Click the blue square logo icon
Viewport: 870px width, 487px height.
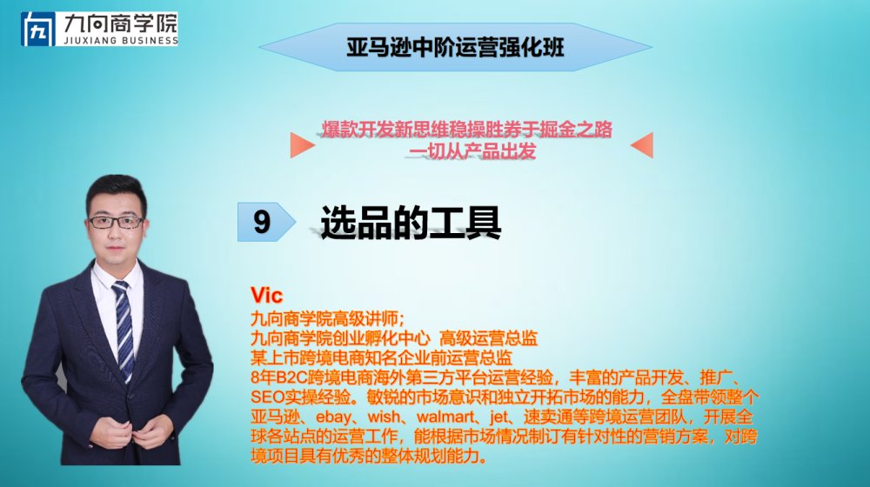[x=38, y=29]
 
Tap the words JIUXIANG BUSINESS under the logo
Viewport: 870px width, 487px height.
[x=120, y=41]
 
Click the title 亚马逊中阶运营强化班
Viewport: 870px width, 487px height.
[x=456, y=47]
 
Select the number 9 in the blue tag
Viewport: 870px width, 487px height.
[x=262, y=222]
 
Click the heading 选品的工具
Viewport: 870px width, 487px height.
[x=411, y=223]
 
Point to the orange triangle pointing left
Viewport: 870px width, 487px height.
[x=642, y=145]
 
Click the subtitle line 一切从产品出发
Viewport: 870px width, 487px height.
[x=472, y=150]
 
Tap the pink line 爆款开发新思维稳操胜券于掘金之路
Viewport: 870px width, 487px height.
[x=467, y=130]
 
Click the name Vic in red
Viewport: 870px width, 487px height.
[x=266, y=295]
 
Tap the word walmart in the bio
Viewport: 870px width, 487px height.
[x=445, y=417]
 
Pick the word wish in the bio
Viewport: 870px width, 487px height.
[x=384, y=417]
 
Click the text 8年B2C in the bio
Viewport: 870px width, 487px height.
[x=275, y=377]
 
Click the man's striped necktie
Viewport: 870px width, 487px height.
[x=124, y=327]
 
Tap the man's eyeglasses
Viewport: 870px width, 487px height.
[x=116, y=223]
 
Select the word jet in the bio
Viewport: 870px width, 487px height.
[x=499, y=417]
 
